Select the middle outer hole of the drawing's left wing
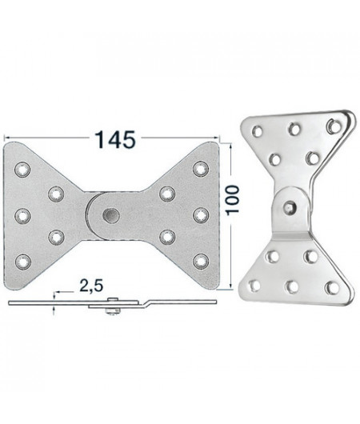click(22, 214)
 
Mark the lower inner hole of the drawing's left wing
click(57, 237)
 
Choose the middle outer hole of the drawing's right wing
click(201, 214)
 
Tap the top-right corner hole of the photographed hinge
click(335, 124)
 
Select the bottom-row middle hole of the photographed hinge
click(292, 284)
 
